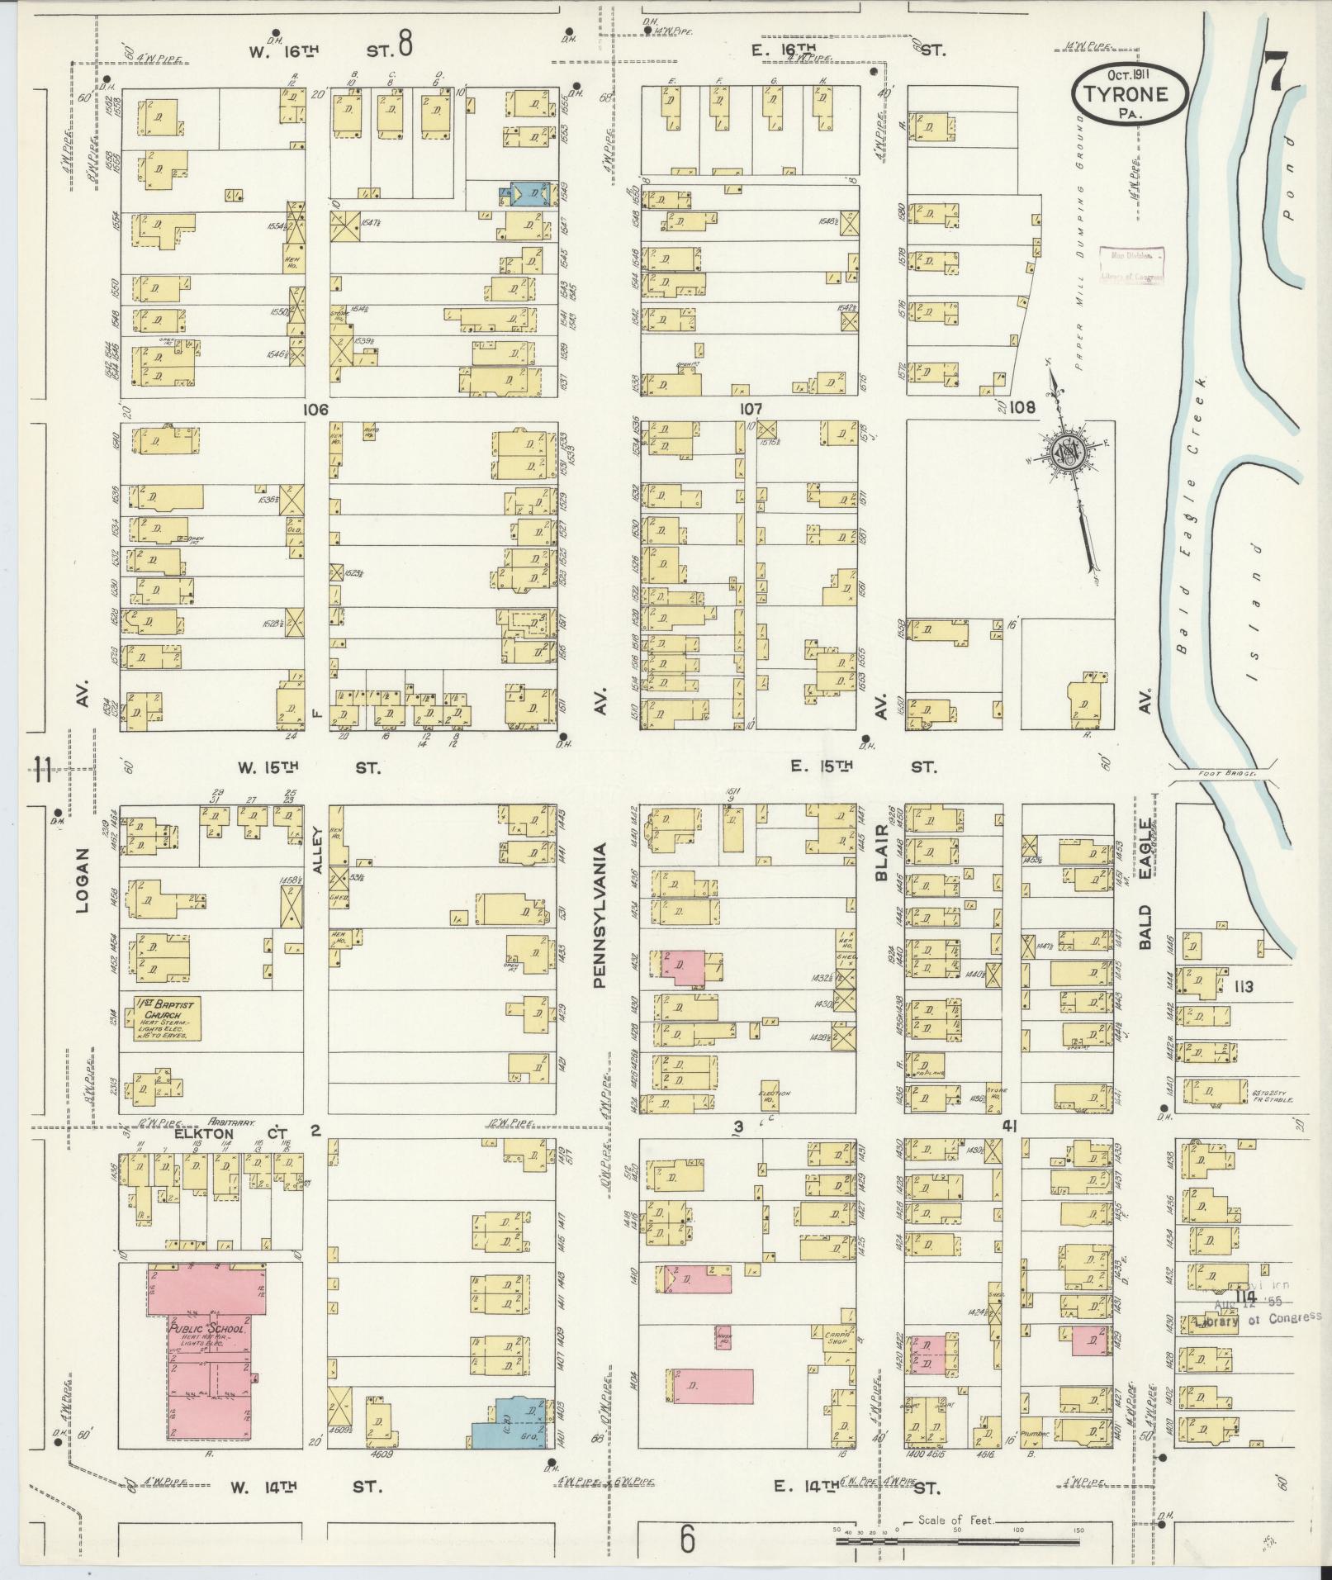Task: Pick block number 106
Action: coord(316,410)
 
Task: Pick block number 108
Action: coord(1022,407)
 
